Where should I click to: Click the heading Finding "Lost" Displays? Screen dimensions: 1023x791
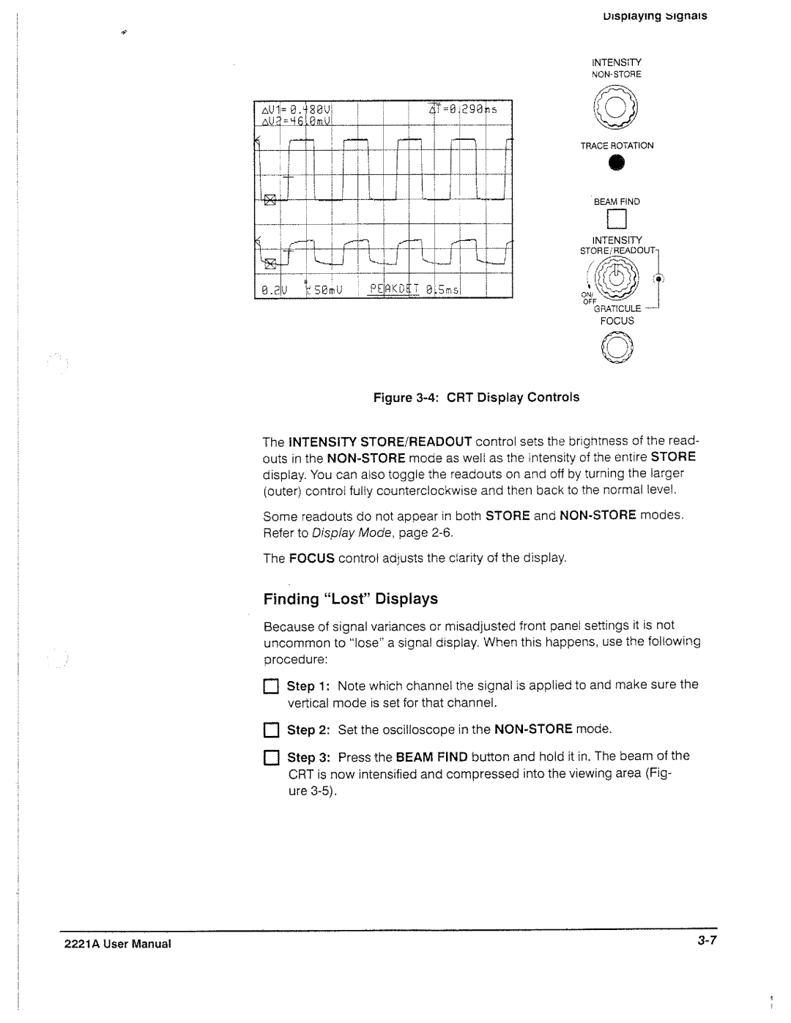click(x=350, y=599)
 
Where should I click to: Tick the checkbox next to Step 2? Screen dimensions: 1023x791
click(x=270, y=731)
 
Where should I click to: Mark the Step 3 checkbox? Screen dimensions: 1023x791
click(x=270, y=757)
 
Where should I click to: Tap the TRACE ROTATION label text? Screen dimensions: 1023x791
click(x=617, y=146)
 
